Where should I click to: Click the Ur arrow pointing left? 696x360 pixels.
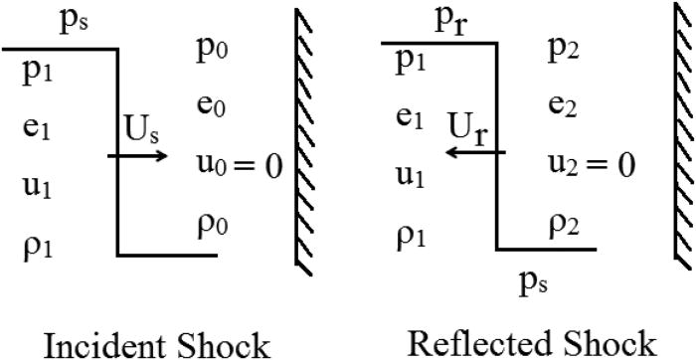tap(476, 153)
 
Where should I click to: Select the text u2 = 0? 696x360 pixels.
tap(591, 162)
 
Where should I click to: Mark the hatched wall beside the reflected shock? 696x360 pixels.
tap(682, 139)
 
